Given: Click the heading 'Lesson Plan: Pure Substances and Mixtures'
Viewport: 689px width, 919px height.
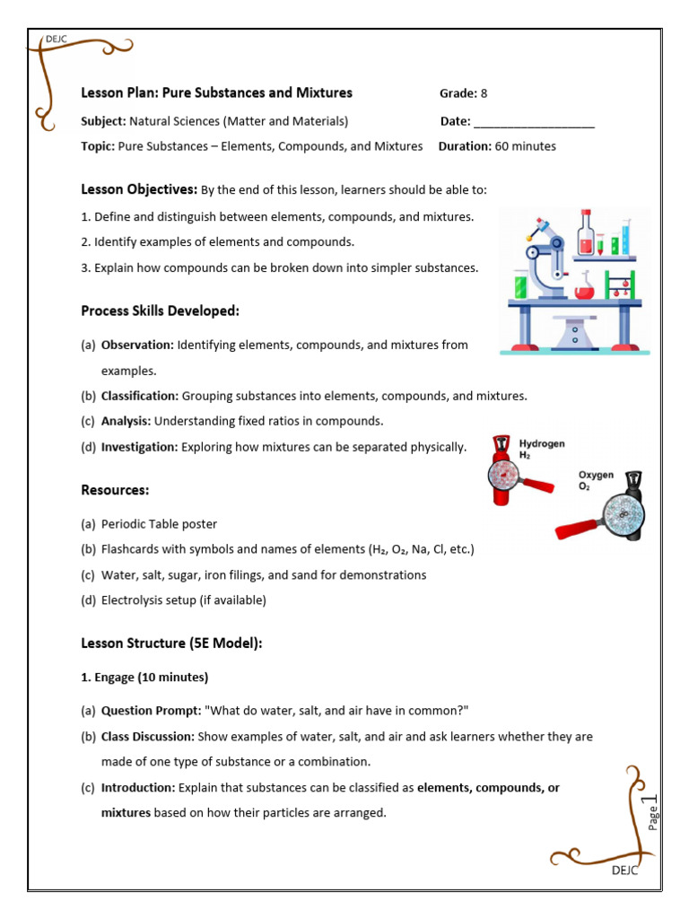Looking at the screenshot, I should pos(216,93).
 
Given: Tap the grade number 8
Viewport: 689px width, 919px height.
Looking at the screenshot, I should pos(484,93).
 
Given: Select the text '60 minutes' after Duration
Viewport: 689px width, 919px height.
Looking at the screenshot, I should pos(526,146).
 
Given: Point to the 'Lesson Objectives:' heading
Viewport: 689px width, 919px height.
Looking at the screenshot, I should pos(139,189).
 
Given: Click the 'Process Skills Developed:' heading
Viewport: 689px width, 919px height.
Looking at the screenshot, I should pos(160,311).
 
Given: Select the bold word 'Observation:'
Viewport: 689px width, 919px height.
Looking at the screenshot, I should pos(137,345).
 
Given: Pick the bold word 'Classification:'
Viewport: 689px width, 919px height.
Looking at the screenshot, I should pos(140,396).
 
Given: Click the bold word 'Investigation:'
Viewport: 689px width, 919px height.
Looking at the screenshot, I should pos(140,447).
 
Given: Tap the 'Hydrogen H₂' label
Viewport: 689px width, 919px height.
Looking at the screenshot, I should pos(542,449).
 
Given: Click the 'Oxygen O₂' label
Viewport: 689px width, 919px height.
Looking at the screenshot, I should pos(596,480).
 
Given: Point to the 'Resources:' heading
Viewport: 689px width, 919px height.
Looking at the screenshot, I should pos(115,490).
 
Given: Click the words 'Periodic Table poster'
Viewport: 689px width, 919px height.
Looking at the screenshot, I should pos(159,524).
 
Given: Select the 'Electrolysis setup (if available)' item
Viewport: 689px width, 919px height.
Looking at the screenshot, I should pos(183,600).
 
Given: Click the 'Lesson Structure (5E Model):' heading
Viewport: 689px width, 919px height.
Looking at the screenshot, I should pos(171,643).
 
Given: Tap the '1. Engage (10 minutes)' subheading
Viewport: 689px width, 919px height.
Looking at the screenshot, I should pos(144,677).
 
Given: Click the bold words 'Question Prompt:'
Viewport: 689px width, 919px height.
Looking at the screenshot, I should pos(151,711).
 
